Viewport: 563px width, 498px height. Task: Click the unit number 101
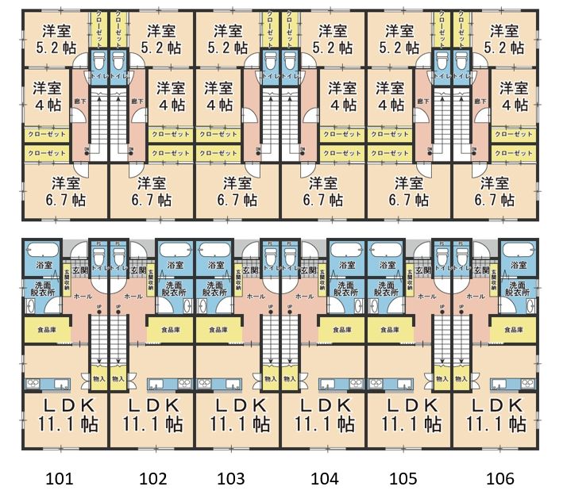tap(60, 478)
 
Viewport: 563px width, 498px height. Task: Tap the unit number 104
tap(325, 478)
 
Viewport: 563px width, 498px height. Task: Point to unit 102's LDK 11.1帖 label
tap(152, 414)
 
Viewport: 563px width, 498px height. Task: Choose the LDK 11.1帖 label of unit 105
tap(410, 414)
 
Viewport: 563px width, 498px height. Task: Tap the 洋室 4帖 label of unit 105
tap(391, 94)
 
